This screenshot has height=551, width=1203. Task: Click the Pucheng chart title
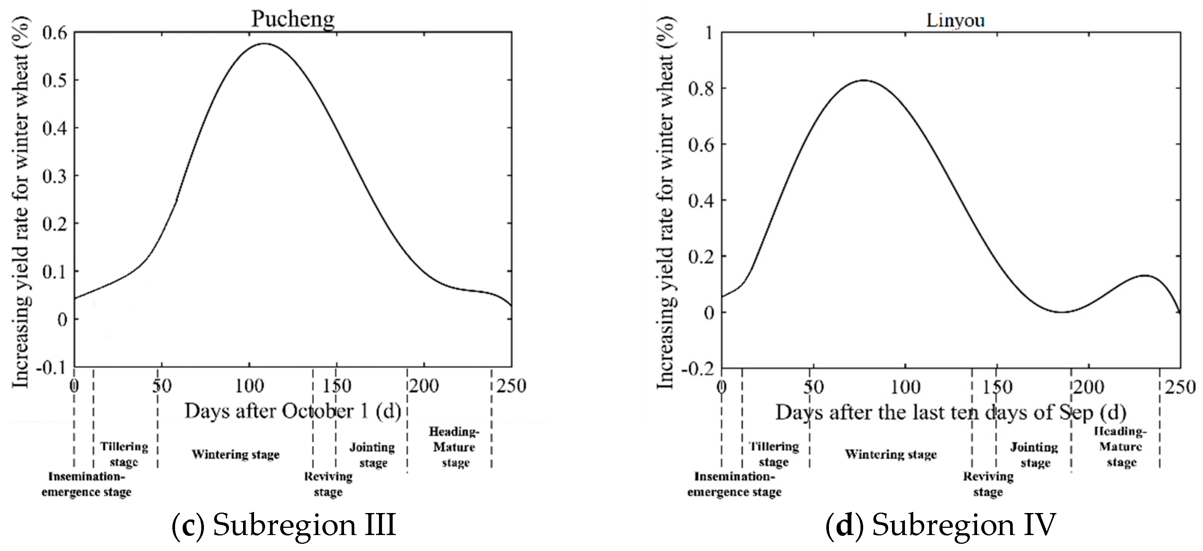point(293,19)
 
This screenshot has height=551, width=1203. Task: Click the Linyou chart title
point(955,20)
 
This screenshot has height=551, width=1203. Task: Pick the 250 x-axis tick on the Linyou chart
point(1180,387)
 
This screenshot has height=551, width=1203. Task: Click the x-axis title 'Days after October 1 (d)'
point(293,411)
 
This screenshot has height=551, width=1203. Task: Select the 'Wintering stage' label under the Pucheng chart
point(235,454)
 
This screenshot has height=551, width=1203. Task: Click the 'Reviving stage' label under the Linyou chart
point(988,484)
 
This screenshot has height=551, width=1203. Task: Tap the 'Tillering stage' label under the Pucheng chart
point(124,454)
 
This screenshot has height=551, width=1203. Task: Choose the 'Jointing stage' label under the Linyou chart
point(1034,455)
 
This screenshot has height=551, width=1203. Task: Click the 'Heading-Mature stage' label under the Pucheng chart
point(455,447)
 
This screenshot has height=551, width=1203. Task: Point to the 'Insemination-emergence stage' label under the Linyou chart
point(734,484)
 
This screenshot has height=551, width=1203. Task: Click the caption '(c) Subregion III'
point(284,525)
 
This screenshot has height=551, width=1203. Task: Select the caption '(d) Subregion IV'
point(941,525)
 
